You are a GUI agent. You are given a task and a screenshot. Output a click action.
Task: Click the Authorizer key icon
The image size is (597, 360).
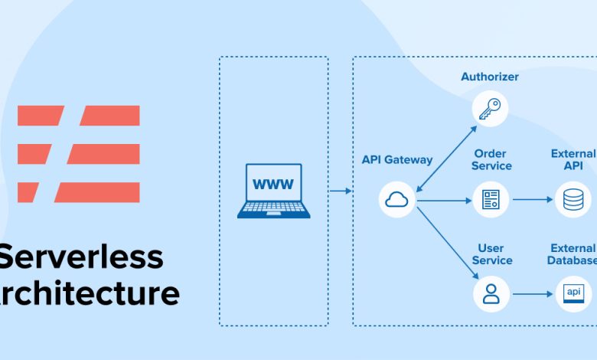[x=490, y=108]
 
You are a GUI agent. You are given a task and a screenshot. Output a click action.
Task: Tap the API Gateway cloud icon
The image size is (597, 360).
[x=397, y=200]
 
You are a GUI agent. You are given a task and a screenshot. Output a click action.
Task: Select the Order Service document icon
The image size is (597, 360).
[x=491, y=200]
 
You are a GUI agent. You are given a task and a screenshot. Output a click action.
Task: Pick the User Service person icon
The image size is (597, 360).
[x=491, y=293]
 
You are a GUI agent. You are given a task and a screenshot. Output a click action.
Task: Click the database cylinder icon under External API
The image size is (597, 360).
[x=573, y=200]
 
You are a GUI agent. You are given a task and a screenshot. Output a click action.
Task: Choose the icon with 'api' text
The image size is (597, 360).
[x=573, y=293]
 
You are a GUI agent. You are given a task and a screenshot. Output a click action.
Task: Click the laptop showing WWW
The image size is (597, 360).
[x=273, y=191]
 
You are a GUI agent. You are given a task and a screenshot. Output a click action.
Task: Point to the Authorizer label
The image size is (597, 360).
[x=490, y=77]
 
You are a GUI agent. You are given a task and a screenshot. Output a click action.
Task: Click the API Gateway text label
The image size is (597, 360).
[x=397, y=160]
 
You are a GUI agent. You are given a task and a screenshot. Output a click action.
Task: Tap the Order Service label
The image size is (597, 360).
[x=491, y=159]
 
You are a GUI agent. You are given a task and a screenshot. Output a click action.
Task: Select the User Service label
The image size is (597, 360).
[x=491, y=254]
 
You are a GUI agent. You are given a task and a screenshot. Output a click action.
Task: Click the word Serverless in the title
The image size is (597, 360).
[x=81, y=257]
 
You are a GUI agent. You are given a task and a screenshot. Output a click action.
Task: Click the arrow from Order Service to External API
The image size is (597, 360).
[x=532, y=200]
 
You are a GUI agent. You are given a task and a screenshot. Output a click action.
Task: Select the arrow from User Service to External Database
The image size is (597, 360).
[x=532, y=293]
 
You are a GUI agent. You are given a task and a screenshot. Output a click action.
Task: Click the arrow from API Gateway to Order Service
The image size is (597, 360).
[x=444, y=201]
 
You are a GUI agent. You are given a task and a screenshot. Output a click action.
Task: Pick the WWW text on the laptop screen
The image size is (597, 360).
[x=273, y=184]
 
